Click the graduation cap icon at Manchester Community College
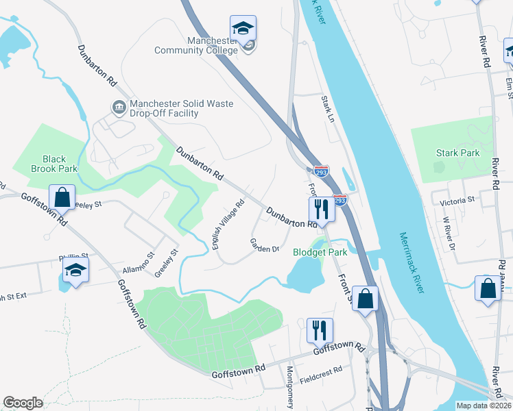(x=243, y=29)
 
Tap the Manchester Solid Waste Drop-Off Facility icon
(x=119, y=106)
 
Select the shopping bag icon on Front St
(x=366, y=298)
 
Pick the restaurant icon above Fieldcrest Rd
(x=320, y=330)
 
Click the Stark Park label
(x=457, y=153)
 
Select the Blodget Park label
(x=320, y=251)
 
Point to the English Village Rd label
(x=229, y=225)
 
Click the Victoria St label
(x=457, y=200)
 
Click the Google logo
(x=23, y=403)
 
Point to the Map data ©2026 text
(x=484, y=406)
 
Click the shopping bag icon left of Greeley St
(x=62, y=197)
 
